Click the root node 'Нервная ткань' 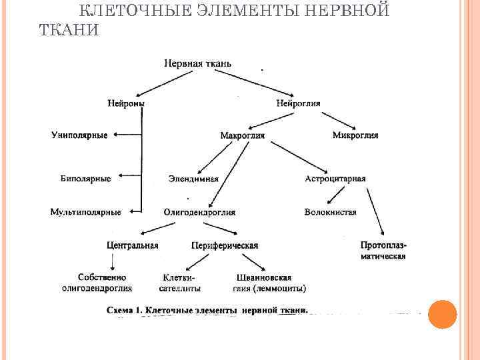198,64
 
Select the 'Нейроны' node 126,103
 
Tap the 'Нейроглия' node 298,103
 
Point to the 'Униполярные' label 79,135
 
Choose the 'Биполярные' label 85,179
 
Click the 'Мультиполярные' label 85,213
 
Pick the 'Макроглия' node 242,135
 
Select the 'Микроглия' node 355,135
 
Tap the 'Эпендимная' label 193,179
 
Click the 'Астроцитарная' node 335,179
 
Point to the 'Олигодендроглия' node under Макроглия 199,213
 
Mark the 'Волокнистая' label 330,213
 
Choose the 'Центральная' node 132,245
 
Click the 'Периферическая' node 225,245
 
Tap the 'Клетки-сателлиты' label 180,283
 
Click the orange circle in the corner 442,314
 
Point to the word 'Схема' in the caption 122,310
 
